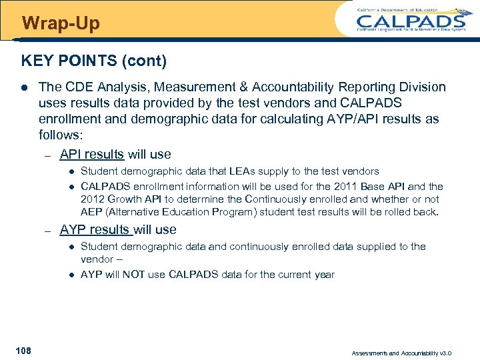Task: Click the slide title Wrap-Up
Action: [x=61, y=24]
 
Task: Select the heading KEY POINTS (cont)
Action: [x=94, y=61]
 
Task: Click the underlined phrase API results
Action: [x=91, y=154]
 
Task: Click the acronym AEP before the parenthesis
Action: [x=91, y=212]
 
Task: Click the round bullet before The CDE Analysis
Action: [x=25, y=87]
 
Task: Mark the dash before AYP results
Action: [x=47, y=231]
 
